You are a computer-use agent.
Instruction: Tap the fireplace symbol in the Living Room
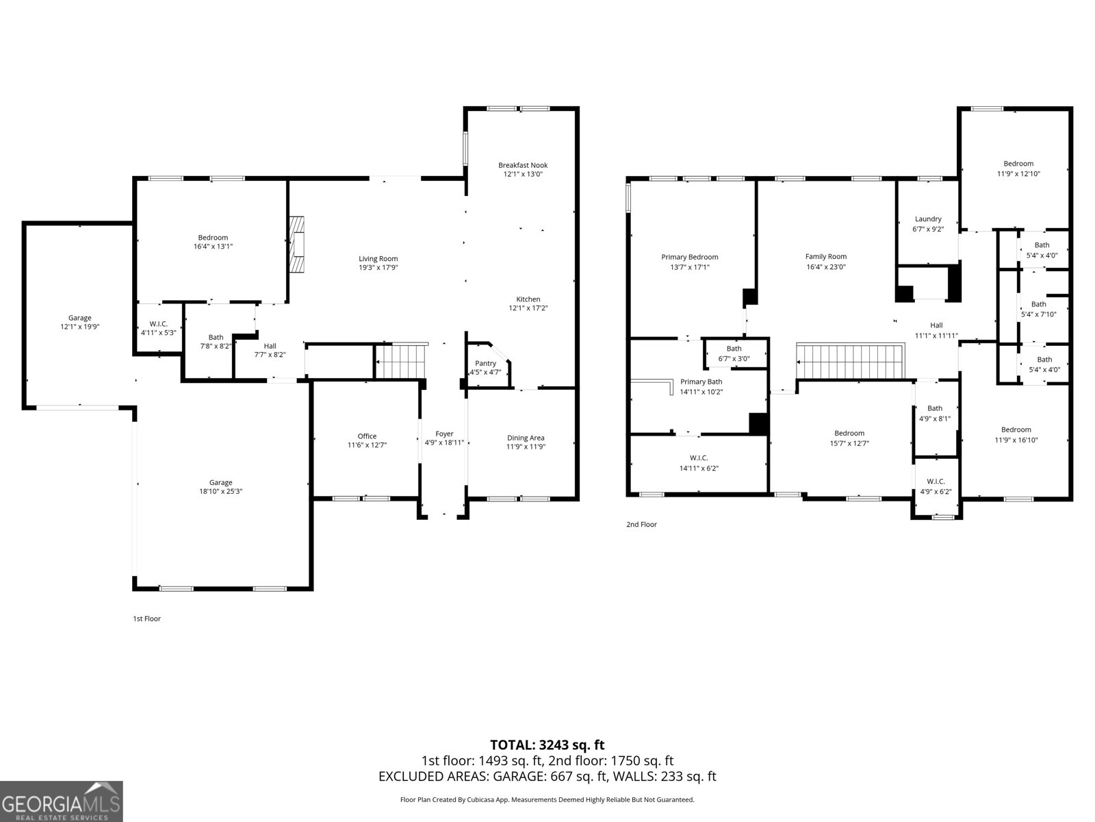click(296, 245)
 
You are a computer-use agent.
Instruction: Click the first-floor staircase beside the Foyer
click(401, 361)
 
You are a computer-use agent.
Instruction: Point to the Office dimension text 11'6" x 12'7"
click(367, 445)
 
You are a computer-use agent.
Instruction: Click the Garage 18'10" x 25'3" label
click(220, 486)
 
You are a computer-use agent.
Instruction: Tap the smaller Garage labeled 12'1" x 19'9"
click(79, 322)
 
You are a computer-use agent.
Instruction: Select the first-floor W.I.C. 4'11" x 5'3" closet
click(159, 327)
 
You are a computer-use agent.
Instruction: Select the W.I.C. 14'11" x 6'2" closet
click(698, 463)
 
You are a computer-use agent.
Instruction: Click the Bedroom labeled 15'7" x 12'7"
click(849, 438)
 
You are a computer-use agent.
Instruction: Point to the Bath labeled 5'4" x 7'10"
click(1038, 309)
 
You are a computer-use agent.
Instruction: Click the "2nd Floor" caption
click(641, 525)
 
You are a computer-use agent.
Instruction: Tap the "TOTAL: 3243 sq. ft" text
click(547, 745)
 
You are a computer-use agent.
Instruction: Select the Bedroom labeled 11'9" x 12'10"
click(1018, 169)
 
